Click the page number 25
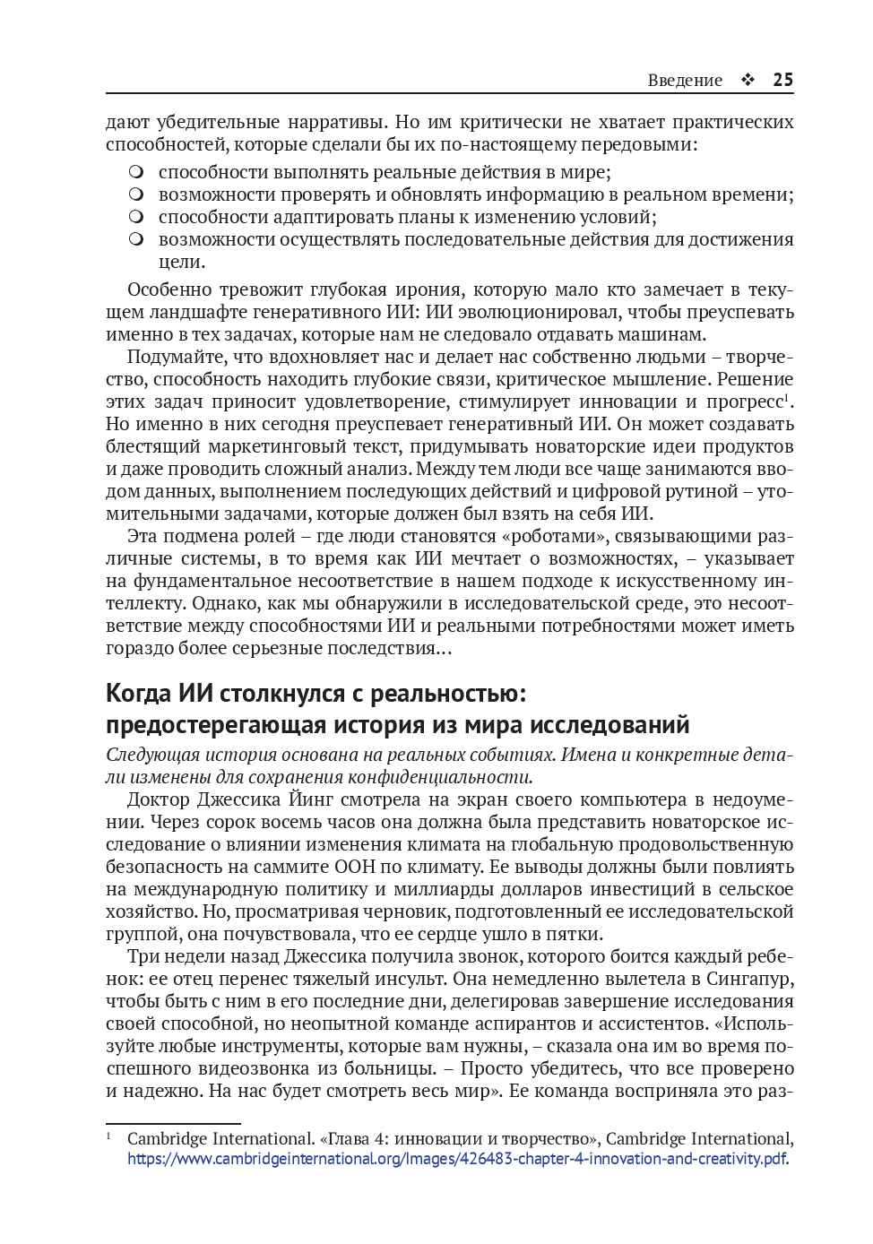point(782,80)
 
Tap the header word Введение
point(685,80)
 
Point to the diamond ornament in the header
point(748,80)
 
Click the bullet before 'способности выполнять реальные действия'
point(135,172)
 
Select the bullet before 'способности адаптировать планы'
point(135,217)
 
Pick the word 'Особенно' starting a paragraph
point(170,289)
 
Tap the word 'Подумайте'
point(176,357)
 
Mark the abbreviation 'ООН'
point(357,867)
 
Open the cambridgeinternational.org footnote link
point(457,1159)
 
